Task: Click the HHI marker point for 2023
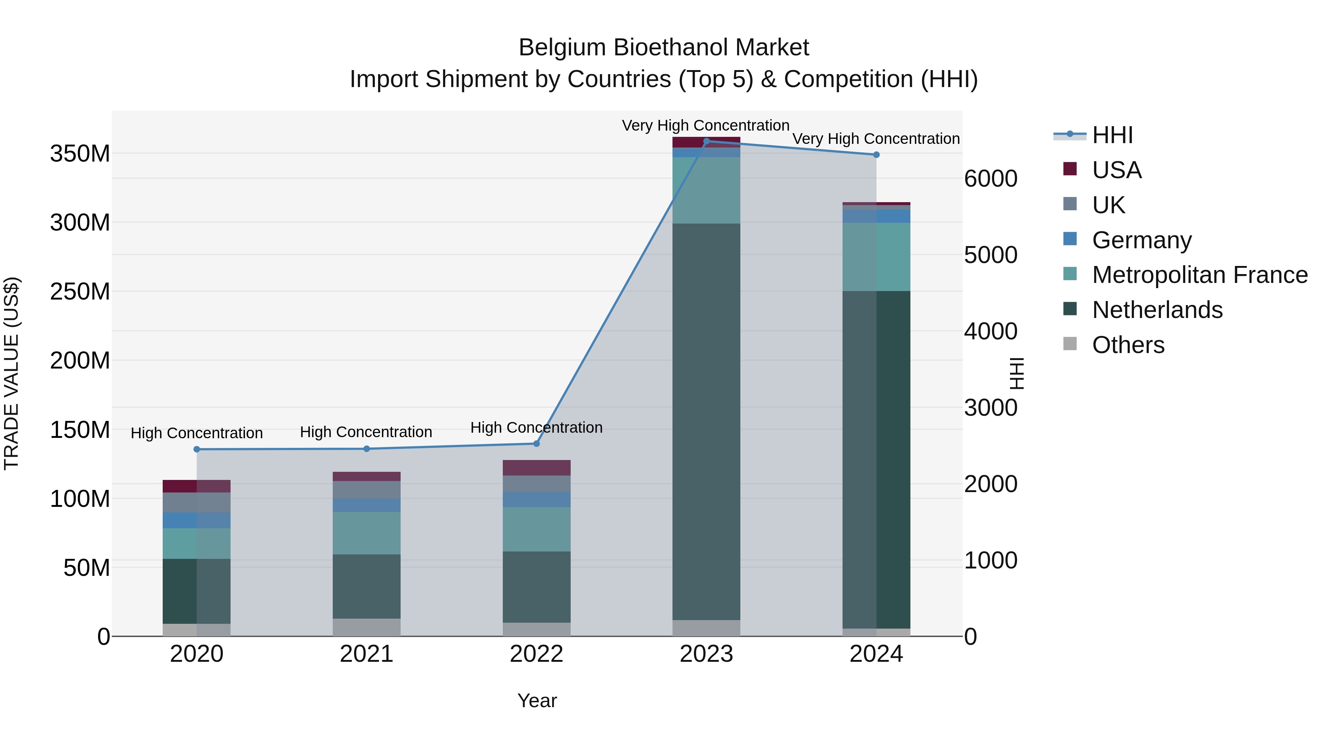(706, 141)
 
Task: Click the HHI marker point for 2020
(196, 449)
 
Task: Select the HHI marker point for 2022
(536, 443)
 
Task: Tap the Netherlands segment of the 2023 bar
(706, 421)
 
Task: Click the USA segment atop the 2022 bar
(536, 468)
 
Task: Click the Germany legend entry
(1141, 240)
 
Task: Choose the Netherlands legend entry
(1157, 310)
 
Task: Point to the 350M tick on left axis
(80, 153)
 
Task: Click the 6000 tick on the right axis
(990, 179)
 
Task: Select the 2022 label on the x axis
(536, 654)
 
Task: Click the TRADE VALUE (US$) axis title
(11, 373)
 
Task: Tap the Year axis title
(537, 701)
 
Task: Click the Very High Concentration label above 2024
(875, 139)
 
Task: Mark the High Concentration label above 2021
(366, 432)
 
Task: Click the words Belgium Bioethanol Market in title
(664, 48)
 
